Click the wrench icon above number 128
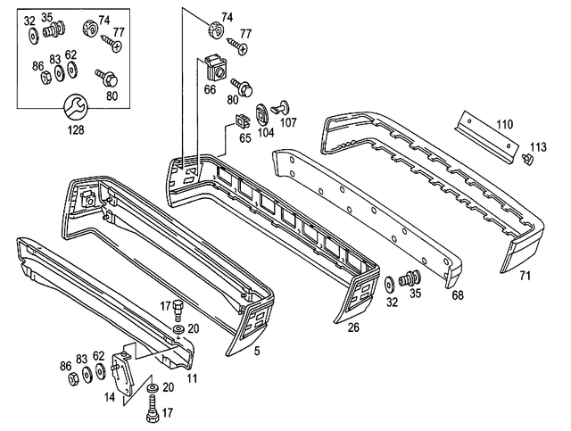click(x=74, y=108)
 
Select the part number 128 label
click(x=74, y=129)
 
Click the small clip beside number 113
click(x=525, y=159)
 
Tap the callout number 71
click(x=525, y=276)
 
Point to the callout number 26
click(x=352, y=327)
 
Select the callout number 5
click(x=257, y=351)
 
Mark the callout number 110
click(x=504, y=124)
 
